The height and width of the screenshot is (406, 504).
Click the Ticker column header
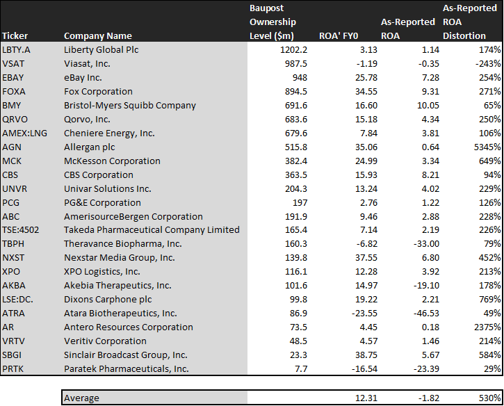(x=15, y=35)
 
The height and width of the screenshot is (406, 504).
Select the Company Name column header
(x=98, y=35)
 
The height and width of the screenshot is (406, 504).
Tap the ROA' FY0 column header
(x=338, y=35)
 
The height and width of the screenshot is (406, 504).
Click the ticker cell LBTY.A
(x=17, y=50)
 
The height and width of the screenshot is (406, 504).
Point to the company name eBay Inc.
(x=83, y=77)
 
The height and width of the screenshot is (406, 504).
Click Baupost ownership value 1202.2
(x=293, y=50)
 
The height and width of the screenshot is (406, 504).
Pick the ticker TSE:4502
(x=21, y=230)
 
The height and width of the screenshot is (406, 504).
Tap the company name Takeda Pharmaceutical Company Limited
(x=152, y=230)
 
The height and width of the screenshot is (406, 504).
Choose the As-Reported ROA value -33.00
(x=426, y=243)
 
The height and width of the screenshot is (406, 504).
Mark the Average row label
(x=81, y=398)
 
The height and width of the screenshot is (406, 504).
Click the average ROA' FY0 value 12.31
(x=366, y=398)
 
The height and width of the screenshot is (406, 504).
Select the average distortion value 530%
(x=490, y=398)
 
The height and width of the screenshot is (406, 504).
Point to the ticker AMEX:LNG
(x=24, y=133)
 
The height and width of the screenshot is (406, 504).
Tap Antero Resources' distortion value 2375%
(x=487, y=327)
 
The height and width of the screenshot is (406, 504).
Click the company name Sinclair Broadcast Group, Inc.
(x=125, y=355)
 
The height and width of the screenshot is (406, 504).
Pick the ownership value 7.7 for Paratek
(x=301, y=368)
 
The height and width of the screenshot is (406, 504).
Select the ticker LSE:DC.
(x=17, y=299)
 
